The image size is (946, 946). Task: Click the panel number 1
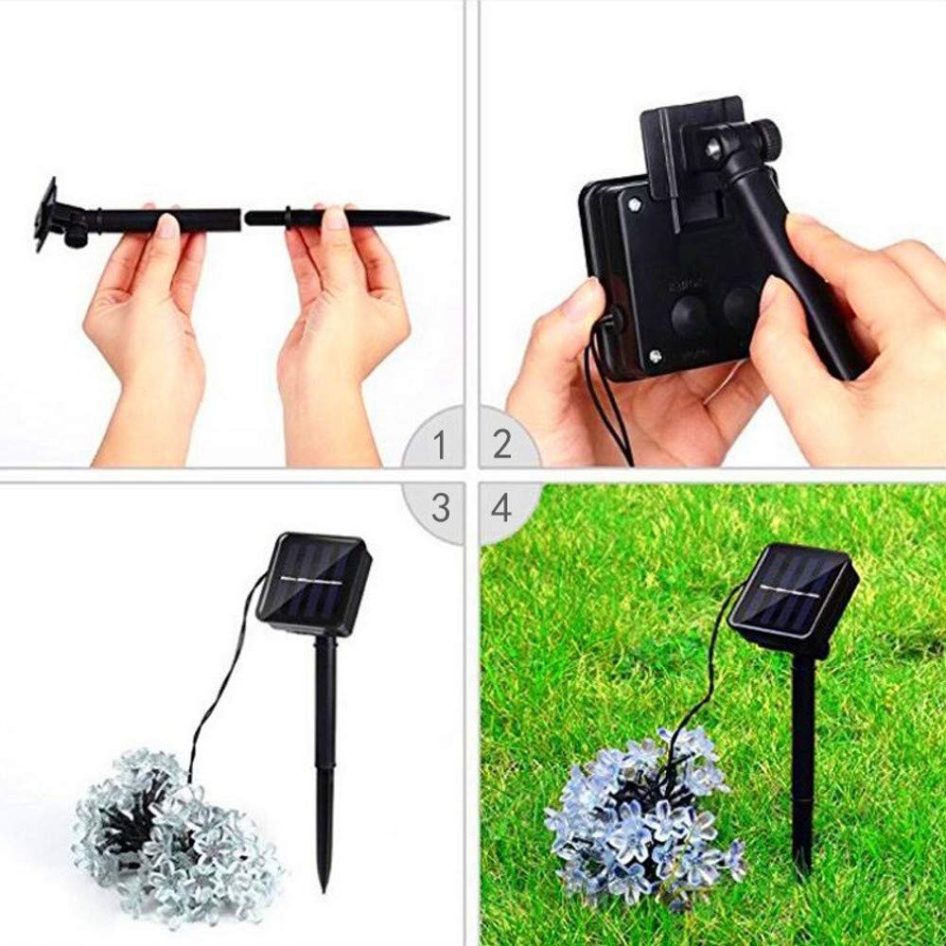tap(438, 443)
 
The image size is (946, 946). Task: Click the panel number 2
tap(501, 443)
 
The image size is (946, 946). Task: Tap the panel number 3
tap(440, 508)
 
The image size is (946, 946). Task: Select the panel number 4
tap(500, 508)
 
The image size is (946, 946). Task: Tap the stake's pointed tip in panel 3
tap(324, 885)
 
